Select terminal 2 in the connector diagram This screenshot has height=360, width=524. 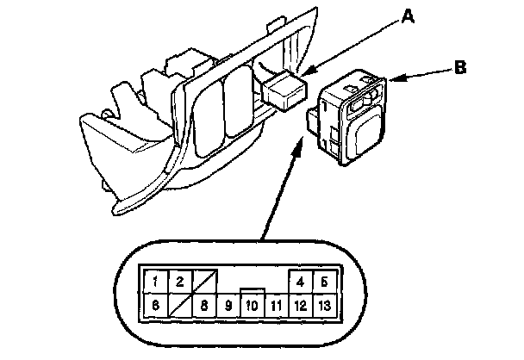(x=178, y=281)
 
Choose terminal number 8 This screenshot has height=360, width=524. (x=203, y=304)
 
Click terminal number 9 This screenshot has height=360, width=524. (x=228, y=304)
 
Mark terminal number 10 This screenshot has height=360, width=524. (x=252, y=304)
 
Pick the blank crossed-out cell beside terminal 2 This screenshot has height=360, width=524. (x=203, y=281)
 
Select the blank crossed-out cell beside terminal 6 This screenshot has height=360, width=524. (x=178, y=304)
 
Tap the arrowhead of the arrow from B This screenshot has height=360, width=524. (x=393, y=82)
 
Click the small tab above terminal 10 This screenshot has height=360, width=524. (x=252, y=292)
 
